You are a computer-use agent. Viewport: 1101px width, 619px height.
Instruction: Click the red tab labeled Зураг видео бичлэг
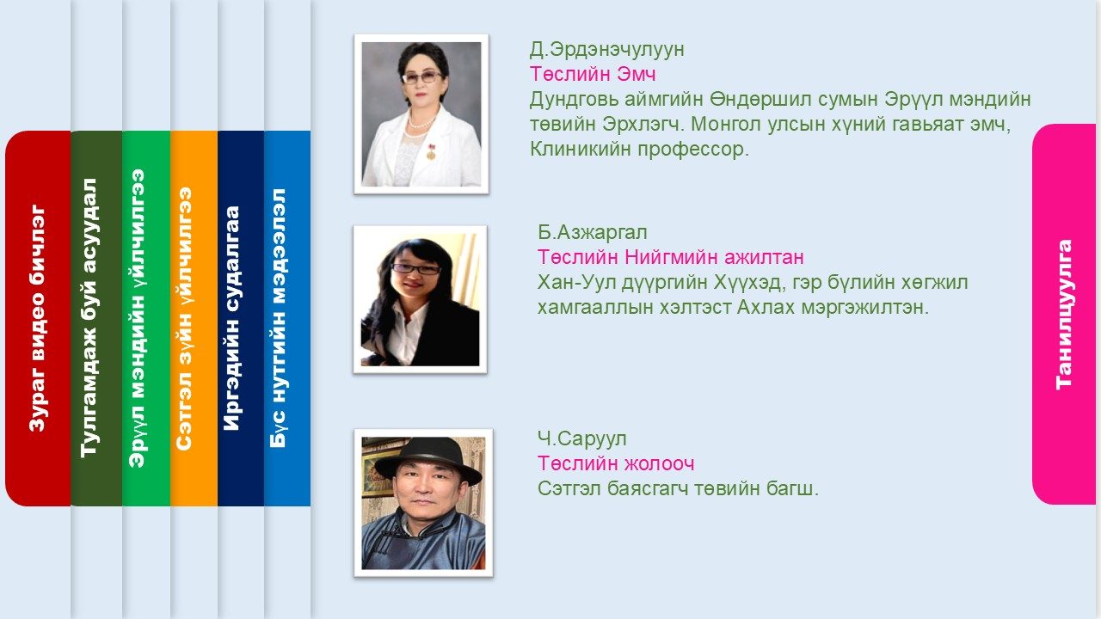tap(38, 318)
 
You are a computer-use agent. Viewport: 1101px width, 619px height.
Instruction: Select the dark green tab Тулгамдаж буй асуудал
tap(96, 318)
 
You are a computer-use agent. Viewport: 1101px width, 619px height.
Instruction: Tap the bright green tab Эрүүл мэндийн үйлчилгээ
tap(146, 318)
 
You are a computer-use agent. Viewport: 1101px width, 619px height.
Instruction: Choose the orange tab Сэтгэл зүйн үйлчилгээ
tap(194, 318)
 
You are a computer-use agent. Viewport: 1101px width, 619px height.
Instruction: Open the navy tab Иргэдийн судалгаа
tap(241, 318)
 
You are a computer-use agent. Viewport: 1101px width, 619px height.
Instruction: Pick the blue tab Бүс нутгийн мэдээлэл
tap(287, 318)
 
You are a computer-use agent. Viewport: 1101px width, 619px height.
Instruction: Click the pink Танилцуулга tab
tap(1065, 315)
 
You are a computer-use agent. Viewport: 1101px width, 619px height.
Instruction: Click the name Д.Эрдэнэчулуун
tap(606, 49)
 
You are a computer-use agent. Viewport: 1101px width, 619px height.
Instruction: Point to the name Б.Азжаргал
tap(593, 232)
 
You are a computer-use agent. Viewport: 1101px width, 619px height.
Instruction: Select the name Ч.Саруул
tap(582, 438)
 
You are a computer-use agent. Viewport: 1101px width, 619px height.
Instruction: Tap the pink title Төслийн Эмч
tap(593, 74)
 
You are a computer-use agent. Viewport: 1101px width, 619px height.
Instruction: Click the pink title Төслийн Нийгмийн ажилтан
tap(670, 257)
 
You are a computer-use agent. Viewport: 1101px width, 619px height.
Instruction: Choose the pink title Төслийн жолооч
tap(616, 463)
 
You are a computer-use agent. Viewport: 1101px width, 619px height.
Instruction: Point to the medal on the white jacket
tap(431, 152)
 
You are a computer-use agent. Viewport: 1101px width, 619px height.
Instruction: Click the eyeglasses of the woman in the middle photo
tap(415, 269)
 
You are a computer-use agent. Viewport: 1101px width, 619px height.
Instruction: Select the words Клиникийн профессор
tap(639, 149)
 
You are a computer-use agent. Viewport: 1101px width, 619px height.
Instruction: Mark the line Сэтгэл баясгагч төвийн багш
tap(678, 488)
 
